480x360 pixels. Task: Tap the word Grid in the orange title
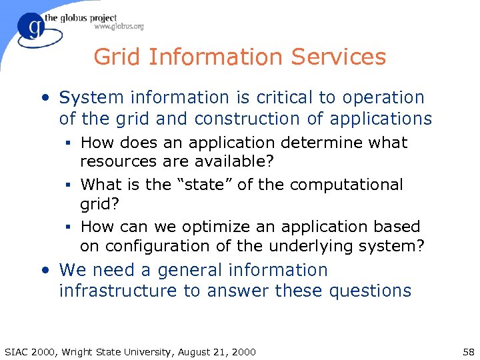[x=118, y=57]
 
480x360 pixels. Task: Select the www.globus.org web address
[x=119, y=27]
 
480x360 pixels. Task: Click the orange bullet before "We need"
[x=45, y=271]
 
